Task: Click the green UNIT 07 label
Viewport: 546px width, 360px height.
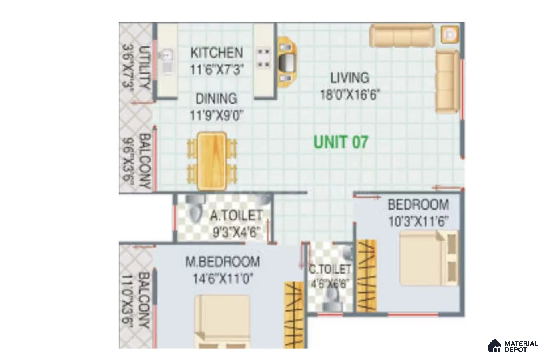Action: pyautogui.click(x=341, y=142)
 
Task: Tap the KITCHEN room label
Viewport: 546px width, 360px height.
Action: pyautogui.click(x=217, y=53)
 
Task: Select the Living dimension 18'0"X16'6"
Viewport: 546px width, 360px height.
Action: pyautogui.click(x=350, y=95)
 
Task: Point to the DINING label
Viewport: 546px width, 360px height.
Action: pyautogui.click(x=217, y=98)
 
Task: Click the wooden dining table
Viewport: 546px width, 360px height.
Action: pyautogui.click(x=212, y=161)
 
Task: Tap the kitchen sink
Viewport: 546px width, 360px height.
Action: pyautogui.click(x=167, y=61)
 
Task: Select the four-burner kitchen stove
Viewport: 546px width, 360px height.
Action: pyautogui.click(x=264, y=58)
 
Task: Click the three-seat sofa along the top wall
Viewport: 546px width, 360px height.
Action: pyautogui.click(x=402, y=36)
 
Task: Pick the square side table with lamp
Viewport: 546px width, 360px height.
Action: pyautogui.click(x=450, y=35)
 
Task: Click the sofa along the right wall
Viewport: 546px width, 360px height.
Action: pyautogui.click(x=448, y=82)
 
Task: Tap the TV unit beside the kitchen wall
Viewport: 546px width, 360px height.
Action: pyautogui.click(x=287, y=62)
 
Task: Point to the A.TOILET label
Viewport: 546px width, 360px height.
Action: pyautogui.click(x=237, y=216)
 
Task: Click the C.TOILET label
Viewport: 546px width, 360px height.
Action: pyautogui.click(x=329, y=270)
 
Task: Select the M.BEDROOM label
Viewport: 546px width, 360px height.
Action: pyautogui.click(x=223, y=262)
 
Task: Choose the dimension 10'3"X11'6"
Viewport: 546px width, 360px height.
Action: pyautogui.click(x=418, y=222)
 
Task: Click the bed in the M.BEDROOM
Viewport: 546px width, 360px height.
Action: pyautogui.click(x=222, y=322)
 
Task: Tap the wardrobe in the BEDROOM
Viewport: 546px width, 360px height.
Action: pyautogui.click(x=367, y=276)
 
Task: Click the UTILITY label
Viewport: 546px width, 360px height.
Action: pyautogui.click(x=144, y=67)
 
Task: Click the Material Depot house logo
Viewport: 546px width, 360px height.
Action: pyautogui.click(x=494, y=346)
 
